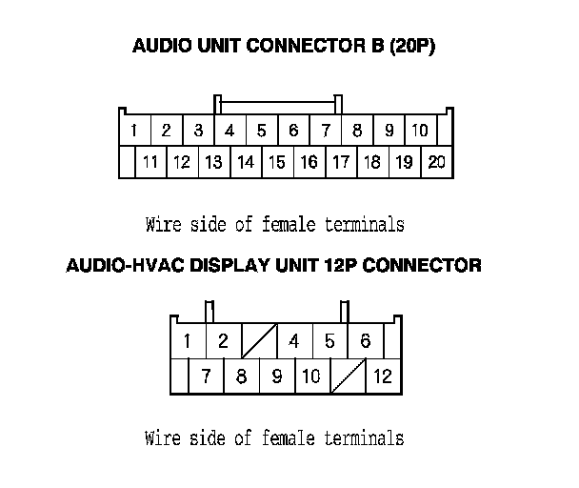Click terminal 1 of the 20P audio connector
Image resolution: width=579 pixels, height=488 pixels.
tap(134, 131)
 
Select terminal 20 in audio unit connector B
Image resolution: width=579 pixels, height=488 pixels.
tap(436, 162)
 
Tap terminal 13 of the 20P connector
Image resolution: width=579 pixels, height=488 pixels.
tap(213, 162)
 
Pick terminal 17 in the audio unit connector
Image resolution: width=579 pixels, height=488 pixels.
tap(340, 162)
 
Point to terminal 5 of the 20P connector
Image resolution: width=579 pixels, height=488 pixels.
tap(261, 131)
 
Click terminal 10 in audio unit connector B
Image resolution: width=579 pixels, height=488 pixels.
tap(419, 131)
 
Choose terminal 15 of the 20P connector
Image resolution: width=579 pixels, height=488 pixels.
tap(276, 162)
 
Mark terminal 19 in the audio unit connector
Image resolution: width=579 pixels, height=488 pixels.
tap(404, 162)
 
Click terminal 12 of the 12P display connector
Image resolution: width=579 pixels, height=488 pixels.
tap(382, 376)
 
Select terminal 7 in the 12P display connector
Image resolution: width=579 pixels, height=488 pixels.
tap(206, 376)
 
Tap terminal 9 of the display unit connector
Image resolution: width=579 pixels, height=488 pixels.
tap(276, 376)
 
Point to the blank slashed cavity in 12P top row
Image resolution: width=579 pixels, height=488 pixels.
tap(259, 340)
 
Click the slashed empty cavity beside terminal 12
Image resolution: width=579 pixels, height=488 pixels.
tap(347, 376)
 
